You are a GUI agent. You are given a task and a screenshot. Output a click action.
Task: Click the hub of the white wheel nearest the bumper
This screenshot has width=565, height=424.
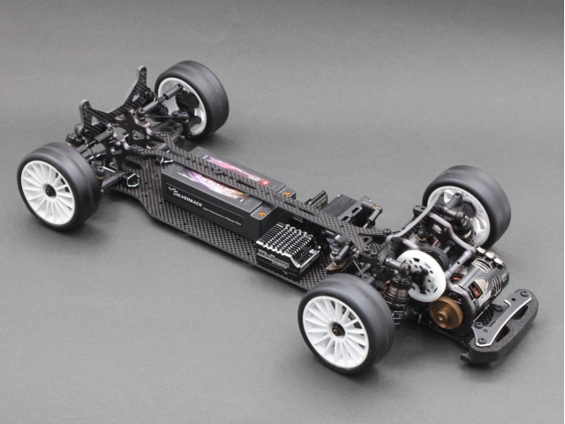coord(336,329)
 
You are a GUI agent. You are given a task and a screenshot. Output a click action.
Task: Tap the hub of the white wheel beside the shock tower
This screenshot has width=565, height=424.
coord(49,186)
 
